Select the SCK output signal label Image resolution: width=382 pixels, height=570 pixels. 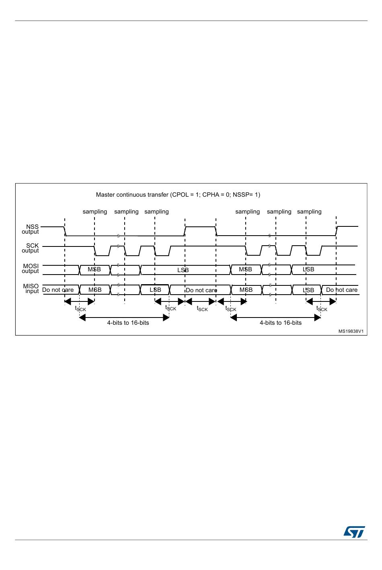tap(31, 248)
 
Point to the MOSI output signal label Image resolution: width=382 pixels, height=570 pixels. tap(31, 269)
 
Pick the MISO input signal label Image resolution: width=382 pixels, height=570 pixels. tap(31, 289)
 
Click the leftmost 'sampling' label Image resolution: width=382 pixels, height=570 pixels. tap(95, 212)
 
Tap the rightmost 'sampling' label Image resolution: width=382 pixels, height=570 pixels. tap(309, 212)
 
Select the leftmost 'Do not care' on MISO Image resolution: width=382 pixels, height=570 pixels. tap(58, 290)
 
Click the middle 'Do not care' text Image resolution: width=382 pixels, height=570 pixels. tap(201, 290)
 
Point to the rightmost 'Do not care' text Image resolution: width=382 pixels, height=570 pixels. tap(341, 290)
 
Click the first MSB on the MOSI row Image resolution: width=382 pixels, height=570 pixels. tap(94, 269)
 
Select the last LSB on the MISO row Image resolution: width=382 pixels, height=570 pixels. tap(308, 290)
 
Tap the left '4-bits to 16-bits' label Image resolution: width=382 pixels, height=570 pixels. tap(128, 323)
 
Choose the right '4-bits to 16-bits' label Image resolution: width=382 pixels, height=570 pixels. tap(280, 323)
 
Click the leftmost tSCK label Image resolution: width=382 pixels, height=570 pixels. tap(80, 308)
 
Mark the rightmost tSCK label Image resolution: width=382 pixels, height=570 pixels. tap(322, 308)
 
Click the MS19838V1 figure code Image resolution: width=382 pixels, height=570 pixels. tap(351, 331)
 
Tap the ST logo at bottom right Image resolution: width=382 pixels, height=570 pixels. tap(354, 531)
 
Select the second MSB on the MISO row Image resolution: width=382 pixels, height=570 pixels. tap(246, 290)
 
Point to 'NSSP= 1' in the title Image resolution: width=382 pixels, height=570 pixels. tap(247, 195)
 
